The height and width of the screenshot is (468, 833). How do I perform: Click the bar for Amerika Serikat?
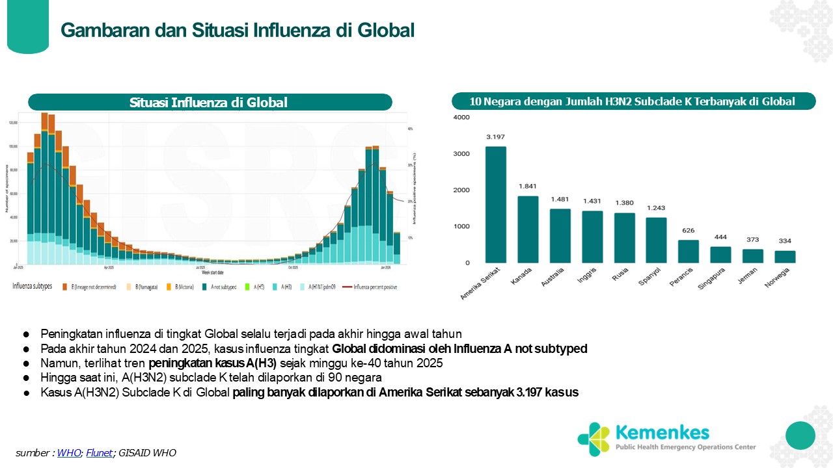(x=495, y=205)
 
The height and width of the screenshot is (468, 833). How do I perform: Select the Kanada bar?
(x=528, y=229)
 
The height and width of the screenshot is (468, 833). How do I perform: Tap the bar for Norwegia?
(x=785, y=257)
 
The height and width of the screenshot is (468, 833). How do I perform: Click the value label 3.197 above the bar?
(x=495, y=137)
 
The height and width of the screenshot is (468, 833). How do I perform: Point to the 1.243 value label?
(x=657, y=208)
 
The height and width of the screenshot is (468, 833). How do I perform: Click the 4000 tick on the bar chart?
(x=462, y=118)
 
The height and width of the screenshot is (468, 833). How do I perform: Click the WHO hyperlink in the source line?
(x=69, y=453)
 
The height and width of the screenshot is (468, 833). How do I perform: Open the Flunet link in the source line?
(x=100, y=453)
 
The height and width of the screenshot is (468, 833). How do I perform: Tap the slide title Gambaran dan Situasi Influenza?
(x=238, y=30)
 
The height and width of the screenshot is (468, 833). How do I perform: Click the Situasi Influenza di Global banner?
(x=210, y=103)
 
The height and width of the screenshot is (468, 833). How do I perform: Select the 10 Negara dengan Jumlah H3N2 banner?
(x=633, y=101)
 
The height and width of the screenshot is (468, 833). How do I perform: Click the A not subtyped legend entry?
(x=221, y=286)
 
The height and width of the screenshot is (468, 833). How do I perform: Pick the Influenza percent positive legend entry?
(x=370, y=286)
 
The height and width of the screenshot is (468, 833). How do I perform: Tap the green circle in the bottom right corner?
(x=800, y=435)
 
